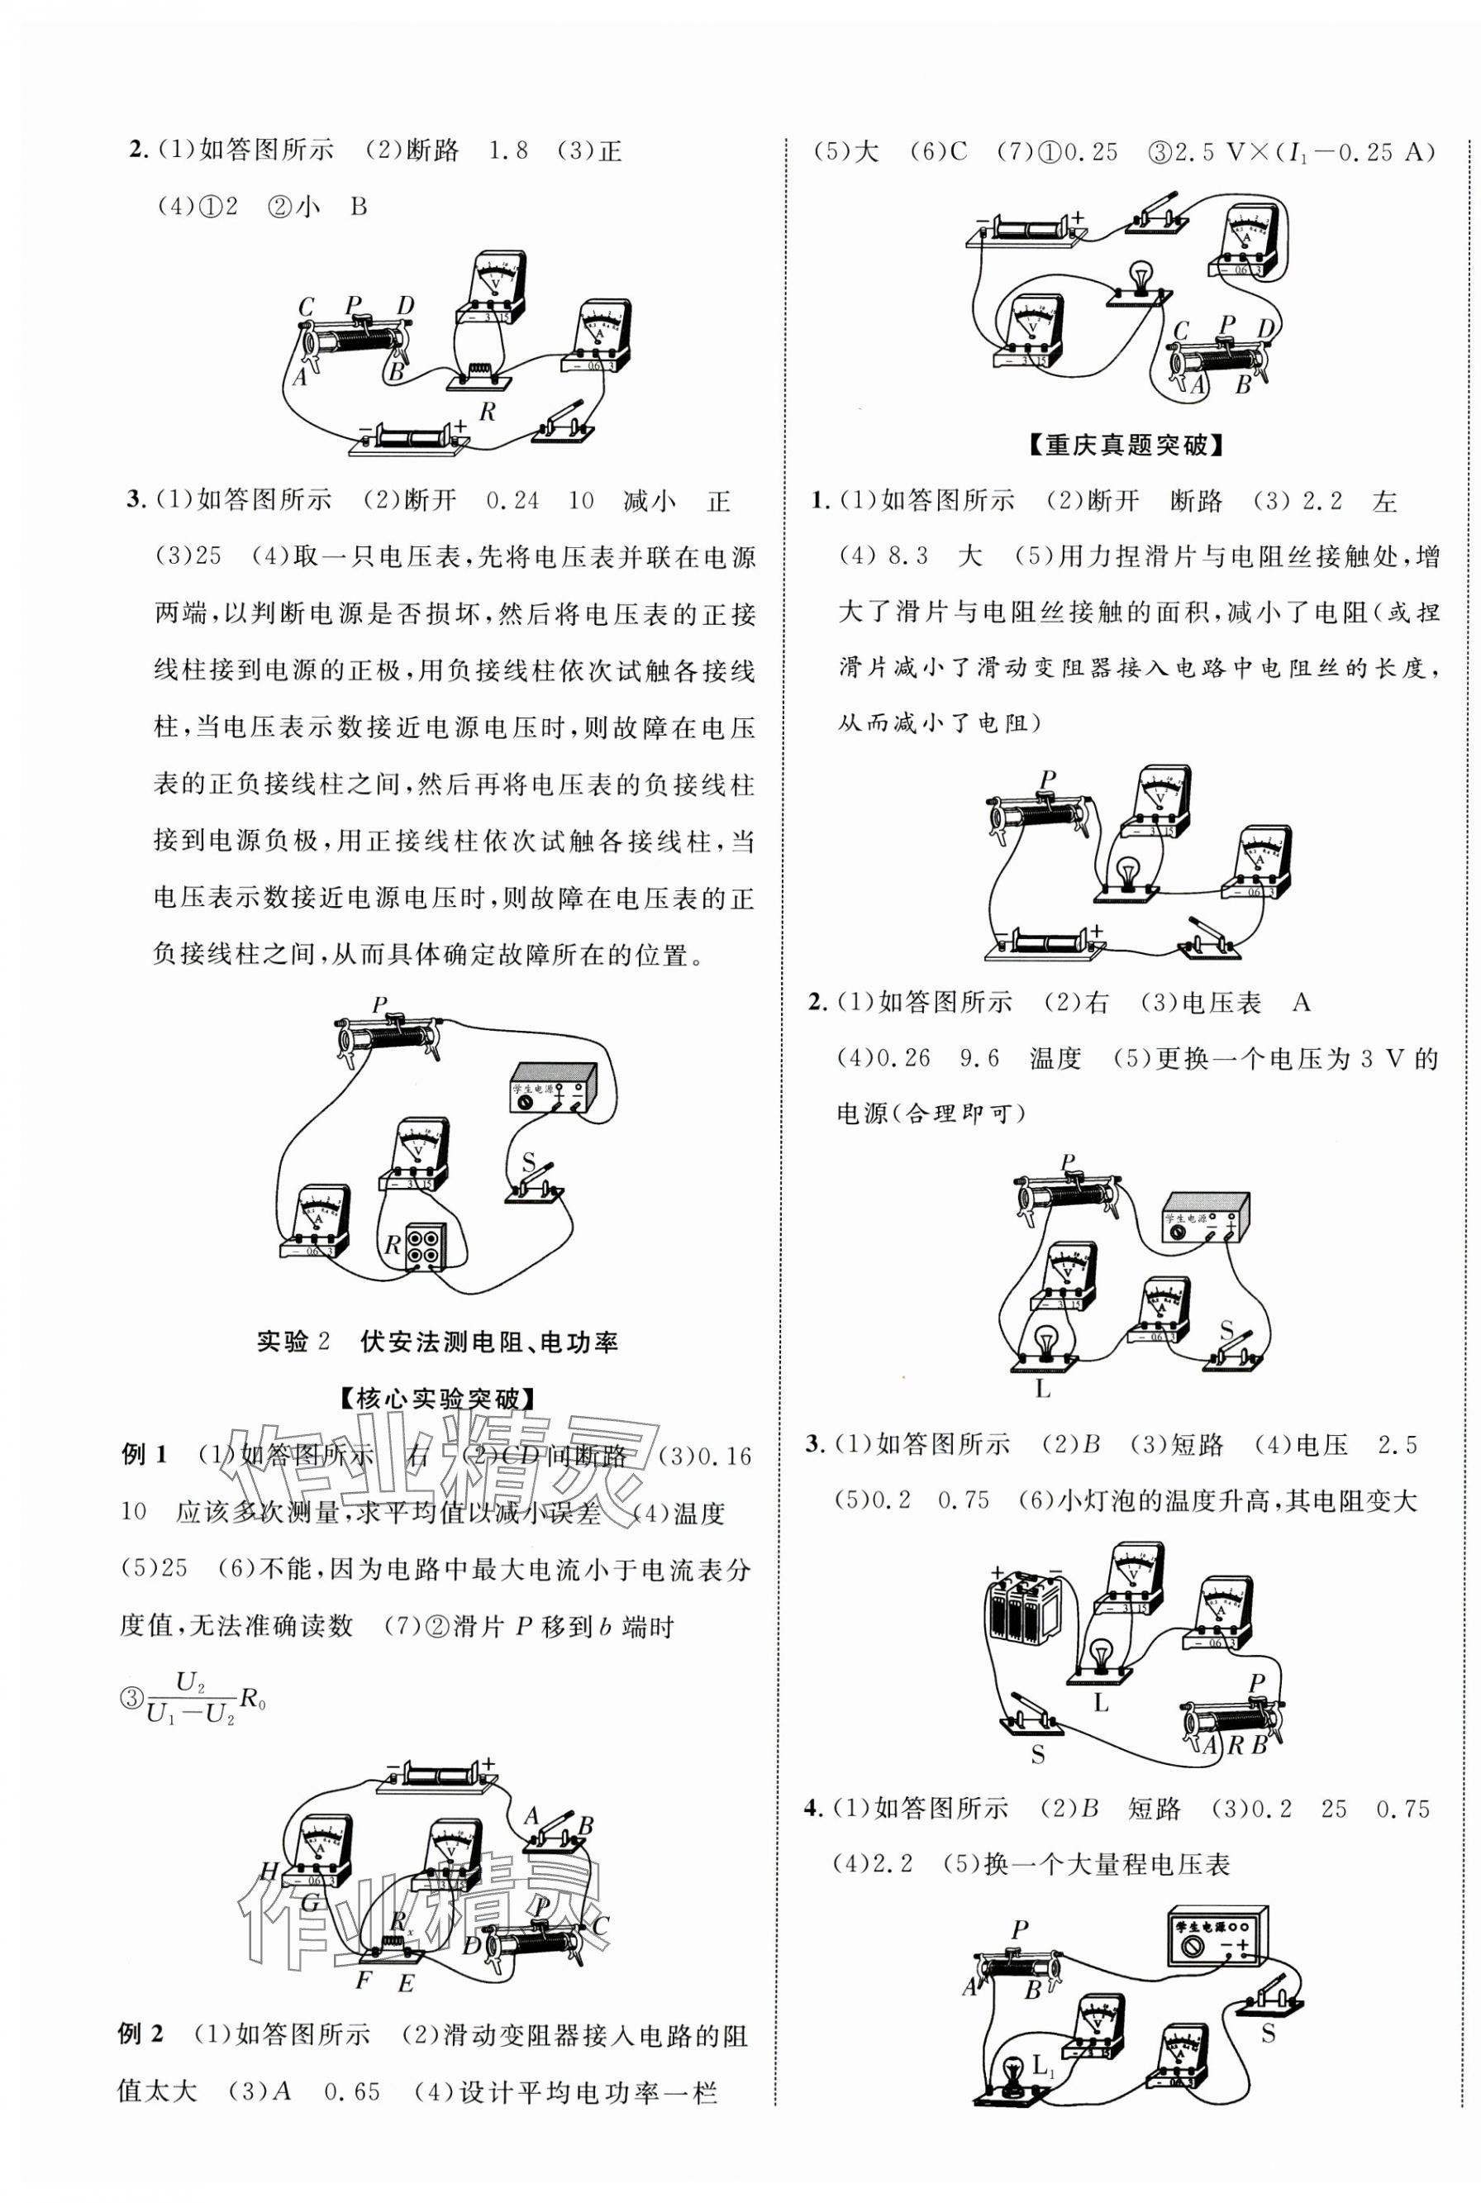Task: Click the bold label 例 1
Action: click(144, 1456)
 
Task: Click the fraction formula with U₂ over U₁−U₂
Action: click(193, 1698)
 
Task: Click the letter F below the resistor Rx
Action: click(363, 1980)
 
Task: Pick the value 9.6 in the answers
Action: click(979, 1059)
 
